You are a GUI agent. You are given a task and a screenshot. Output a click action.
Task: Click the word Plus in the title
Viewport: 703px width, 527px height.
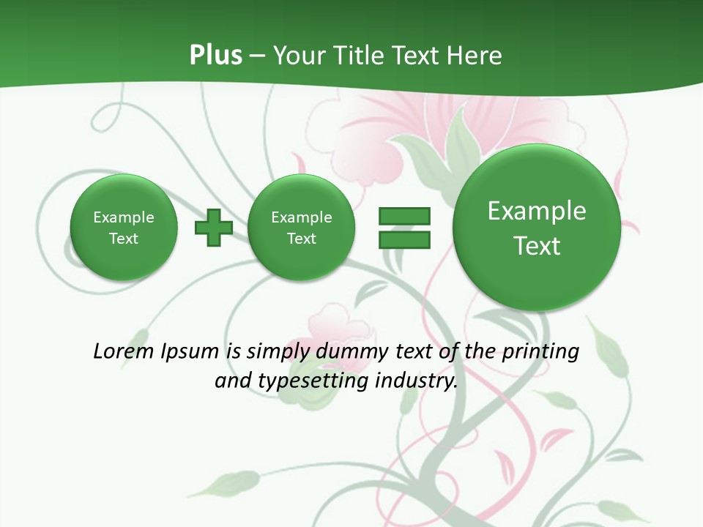[x=215, y=55]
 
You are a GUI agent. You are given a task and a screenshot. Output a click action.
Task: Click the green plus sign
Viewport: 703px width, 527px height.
[x=214, y=227]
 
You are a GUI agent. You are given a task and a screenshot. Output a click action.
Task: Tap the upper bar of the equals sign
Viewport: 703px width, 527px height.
[x=404, y=216]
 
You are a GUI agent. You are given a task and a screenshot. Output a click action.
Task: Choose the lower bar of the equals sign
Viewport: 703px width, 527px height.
[x=404, y=239]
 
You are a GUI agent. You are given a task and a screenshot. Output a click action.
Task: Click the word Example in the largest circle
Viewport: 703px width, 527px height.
[x=537, y=211]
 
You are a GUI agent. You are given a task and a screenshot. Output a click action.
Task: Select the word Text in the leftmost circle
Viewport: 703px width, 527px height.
[x=124, y=239]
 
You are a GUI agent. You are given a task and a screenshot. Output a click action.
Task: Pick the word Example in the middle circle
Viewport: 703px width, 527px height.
[x=302, y=217]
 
